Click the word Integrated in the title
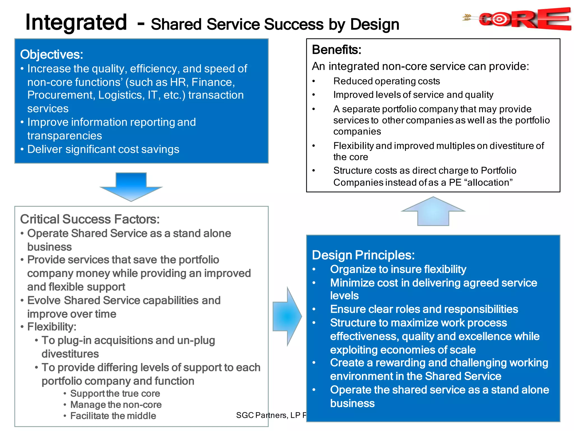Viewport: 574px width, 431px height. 76,22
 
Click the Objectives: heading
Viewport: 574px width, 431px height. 52,54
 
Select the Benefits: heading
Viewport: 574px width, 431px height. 337,50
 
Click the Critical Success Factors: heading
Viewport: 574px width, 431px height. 90,219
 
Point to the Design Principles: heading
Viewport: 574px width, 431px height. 363,255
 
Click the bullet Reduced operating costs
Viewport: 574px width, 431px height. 386,81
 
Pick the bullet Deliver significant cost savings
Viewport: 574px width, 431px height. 103,149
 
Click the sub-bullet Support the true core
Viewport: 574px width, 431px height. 115,393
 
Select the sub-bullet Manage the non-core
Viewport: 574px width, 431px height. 116,405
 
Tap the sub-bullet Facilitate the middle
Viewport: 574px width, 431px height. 113,416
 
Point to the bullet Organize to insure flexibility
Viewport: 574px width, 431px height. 398,269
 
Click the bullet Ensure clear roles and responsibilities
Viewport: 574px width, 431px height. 424,309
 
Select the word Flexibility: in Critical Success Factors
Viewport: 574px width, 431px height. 52,327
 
